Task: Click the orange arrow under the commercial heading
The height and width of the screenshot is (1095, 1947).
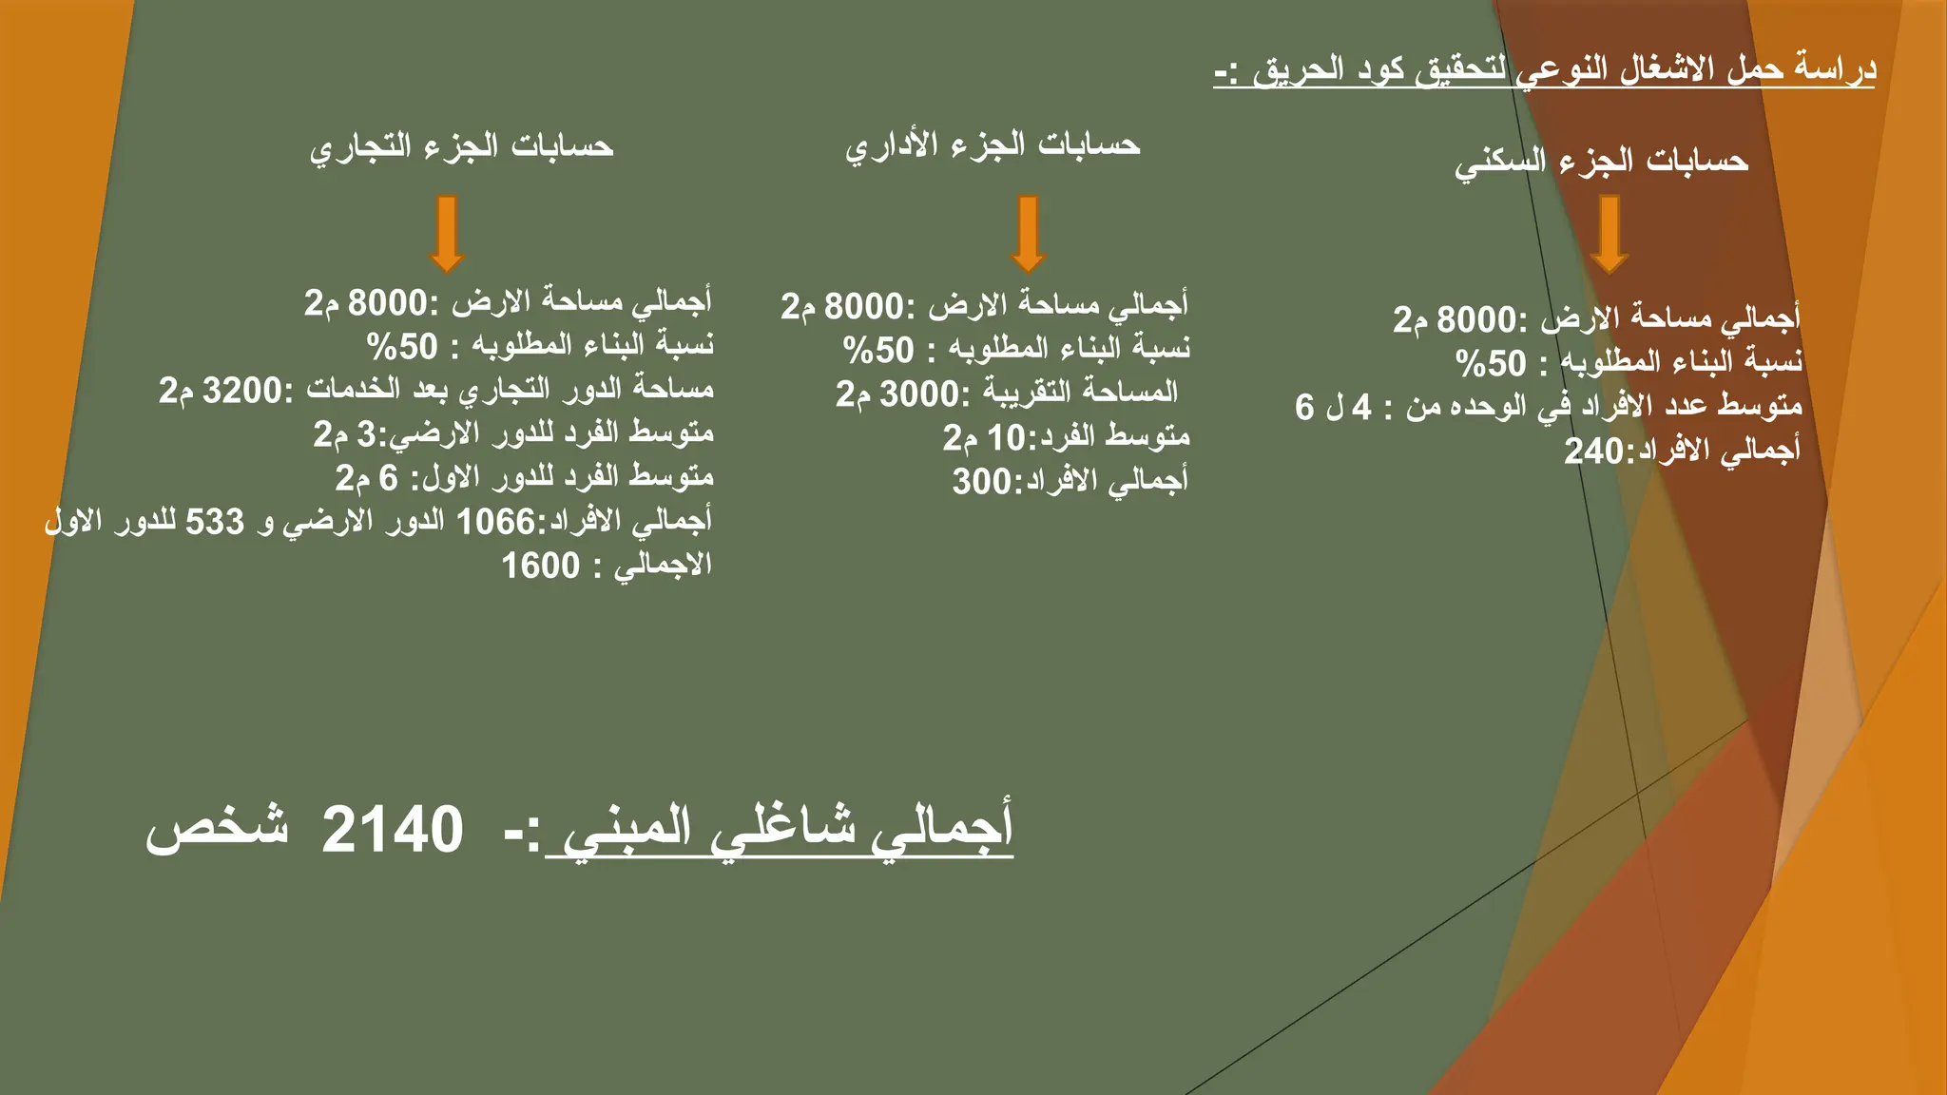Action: [447, 234]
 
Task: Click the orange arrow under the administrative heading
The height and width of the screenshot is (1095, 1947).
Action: [1028, 234]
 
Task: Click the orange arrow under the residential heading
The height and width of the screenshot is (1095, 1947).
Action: [1609, 234]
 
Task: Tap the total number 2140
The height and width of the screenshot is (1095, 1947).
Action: [393, 830]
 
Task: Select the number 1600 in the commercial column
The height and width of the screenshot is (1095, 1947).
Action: [540, 566]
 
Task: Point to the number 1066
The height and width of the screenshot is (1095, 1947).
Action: [496, 522]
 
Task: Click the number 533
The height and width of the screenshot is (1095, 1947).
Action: [215, 522]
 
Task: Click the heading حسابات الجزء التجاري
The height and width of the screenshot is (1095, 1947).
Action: [462, 146]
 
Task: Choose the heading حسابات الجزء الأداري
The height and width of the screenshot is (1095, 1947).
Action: [993, 144]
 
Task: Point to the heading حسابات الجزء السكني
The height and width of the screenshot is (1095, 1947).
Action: [1601, 162]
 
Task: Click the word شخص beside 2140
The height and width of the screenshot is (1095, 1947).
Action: [218, 827]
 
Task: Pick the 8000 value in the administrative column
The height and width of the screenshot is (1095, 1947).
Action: [863, 307]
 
